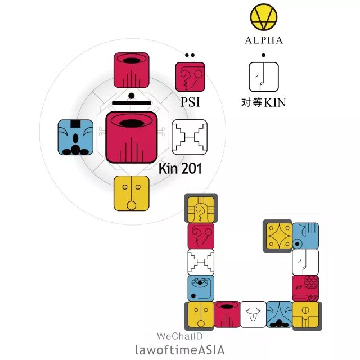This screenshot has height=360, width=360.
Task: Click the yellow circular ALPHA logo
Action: [x=263, y=18]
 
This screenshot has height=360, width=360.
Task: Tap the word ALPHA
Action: [x=263, y=40]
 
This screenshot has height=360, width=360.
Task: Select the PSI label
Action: [x=191, y=102]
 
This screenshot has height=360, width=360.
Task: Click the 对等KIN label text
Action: [x=263, y=102]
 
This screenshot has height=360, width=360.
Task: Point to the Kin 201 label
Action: [x=180, y=168]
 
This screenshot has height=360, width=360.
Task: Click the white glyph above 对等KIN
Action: [x=263, y=77]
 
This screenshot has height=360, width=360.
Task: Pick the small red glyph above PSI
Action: [x=190, y=77]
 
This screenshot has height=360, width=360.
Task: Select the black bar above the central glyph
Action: [x=130, y=103]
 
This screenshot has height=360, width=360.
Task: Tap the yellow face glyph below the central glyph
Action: [x=131, y=193]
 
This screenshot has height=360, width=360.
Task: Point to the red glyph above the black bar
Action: [x=131, y=70]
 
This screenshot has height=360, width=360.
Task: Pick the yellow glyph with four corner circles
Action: [x=278, y=236]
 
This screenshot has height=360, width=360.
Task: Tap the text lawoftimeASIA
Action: [x=180, y=349]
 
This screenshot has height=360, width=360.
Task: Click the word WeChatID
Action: [x=179, y=336]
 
